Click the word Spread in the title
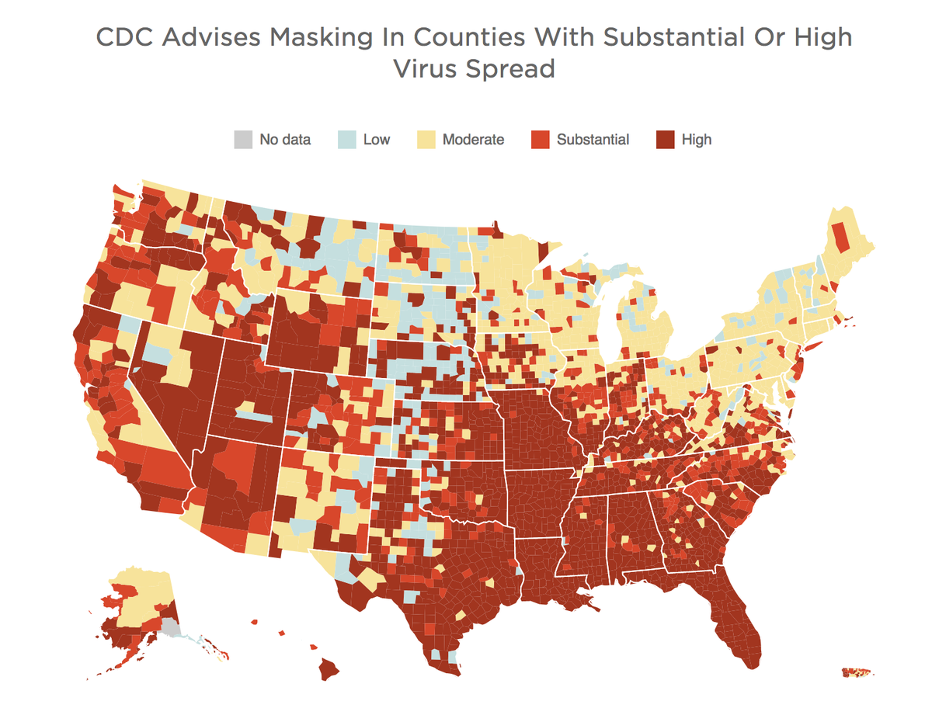(x=516, y=69)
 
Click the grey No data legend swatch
(x=243, y=140)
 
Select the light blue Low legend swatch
(x=346, y=140)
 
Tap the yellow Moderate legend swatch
(x=426, y=140)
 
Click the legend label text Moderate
(x=473, y=140)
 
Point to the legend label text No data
(x=285, y=140)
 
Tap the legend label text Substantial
(x=593, y=140)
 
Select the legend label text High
(x=697, y=140)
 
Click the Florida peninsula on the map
(x=738, y=629)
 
